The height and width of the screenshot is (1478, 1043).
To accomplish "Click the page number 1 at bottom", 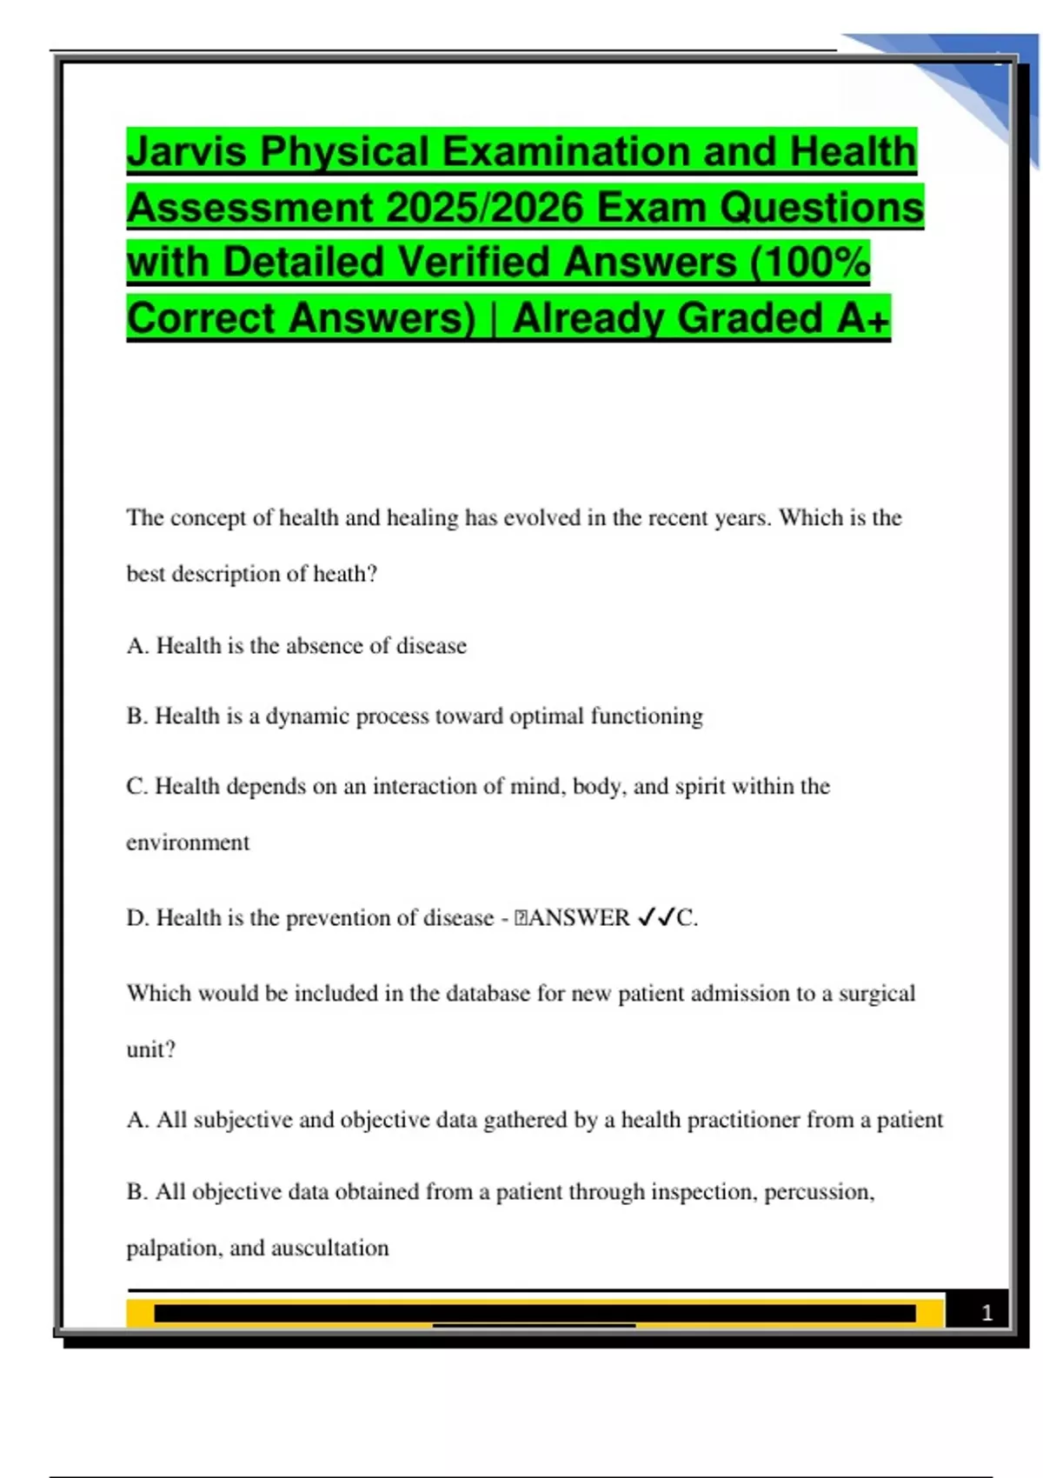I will (x=987, y=1313).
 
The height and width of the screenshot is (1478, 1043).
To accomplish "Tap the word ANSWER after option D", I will (x=579, y=918).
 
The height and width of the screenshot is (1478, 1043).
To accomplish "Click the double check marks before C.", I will (x=656, y=918).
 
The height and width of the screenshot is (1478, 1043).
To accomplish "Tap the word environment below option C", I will (x=188, y=842).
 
